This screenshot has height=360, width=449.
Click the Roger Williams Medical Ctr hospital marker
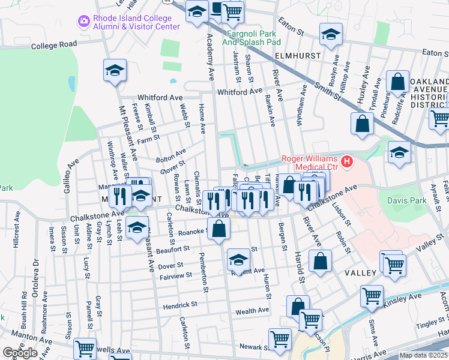click(x=347, y=161)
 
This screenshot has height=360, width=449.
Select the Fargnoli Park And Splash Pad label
click(x=252, y=39)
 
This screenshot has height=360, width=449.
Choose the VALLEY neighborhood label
click(x=360, y=273)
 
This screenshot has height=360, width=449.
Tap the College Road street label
click(x=55, y=44)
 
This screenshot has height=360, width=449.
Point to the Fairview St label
click(x=176, y=275)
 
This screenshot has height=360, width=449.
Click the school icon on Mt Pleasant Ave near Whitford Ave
click(x=115, y=72)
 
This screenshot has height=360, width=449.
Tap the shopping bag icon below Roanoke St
click(x=220, y=229)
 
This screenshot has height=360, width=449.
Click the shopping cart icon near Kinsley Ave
click(x=372, y=296)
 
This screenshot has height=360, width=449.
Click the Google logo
click(x=20, y=353)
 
